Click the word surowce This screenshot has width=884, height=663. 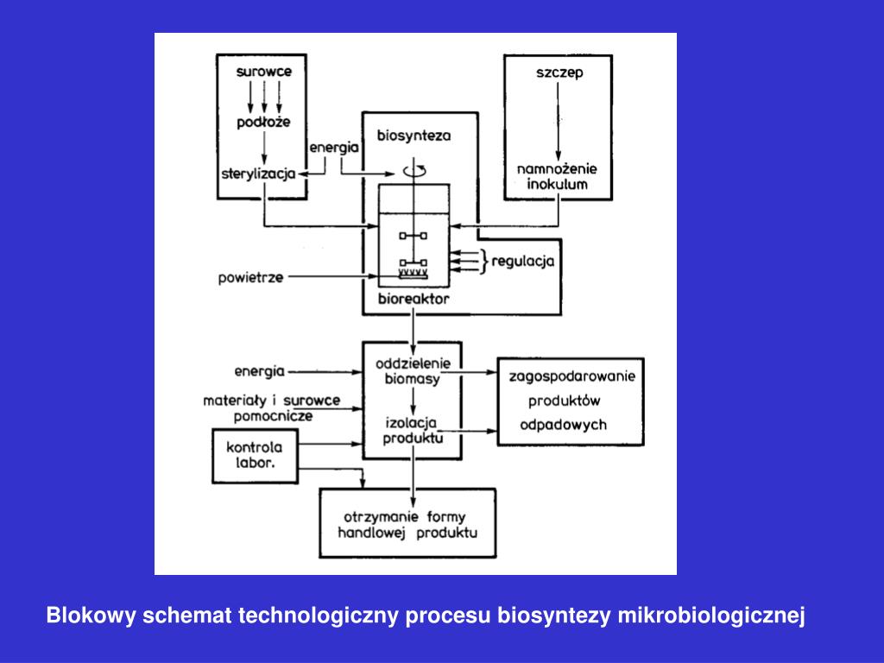point(264,73)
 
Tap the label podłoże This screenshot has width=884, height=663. point(264,123)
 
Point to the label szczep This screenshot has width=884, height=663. point(559,73)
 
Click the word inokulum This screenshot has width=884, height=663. point(558,184)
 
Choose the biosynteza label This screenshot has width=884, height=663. point(414,136)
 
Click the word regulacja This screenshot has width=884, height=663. point(523,261)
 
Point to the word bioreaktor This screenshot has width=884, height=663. point(413,300)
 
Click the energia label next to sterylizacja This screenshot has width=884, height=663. point(334,148)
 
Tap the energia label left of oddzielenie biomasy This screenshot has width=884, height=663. point(259,373)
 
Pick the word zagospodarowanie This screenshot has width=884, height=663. point(572,376)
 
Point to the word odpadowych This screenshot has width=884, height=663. point(563,425)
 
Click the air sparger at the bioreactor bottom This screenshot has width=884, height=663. point(413,273)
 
